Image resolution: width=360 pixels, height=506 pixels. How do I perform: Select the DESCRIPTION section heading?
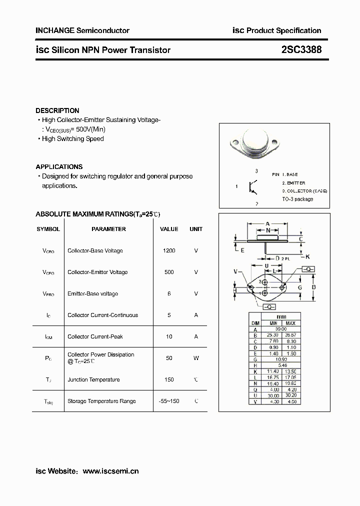(x=57, y=110)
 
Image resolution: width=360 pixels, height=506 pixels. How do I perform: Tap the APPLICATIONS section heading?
(x=59, y=166)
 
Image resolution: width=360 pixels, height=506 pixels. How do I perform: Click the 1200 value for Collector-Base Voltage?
(x=169, y=250)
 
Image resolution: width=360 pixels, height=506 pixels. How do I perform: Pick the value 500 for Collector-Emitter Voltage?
(x=169, y=272)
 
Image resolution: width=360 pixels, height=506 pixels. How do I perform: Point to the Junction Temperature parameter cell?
(x=93, y=379)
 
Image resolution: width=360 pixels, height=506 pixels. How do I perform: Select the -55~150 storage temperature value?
(x=169, y=401)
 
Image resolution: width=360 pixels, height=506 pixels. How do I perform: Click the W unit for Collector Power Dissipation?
(x=196, y=358)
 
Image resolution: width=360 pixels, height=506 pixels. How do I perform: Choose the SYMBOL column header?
(x=48, y=229)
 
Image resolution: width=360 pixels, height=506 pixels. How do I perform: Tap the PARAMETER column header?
(x=108, y=229)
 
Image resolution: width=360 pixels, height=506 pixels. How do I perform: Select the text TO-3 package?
(x=297, y=199)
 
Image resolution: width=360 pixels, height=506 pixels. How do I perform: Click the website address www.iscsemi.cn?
(x=110, y=471)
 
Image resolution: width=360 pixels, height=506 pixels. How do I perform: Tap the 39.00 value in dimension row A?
(x=281, y=329)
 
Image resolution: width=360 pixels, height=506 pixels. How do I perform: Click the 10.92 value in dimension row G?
(x=281, y=359)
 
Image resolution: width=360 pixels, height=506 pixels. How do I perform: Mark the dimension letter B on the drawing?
(x=313, y=287)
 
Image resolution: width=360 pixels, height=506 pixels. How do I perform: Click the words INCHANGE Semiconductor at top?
(x=82, y=30)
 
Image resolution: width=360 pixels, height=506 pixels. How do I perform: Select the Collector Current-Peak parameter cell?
(x=95, y=336)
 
